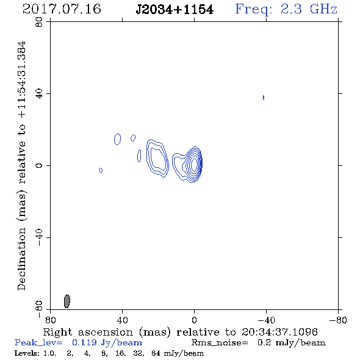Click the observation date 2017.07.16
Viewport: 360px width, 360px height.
(x=62, y=9)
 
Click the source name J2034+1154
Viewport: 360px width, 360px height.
(x=175, y=10)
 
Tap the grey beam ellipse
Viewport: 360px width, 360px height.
(x=67, y=301)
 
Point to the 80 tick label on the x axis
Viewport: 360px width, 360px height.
(x=50, y=320)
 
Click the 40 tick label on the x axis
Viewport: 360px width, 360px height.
(x=123, y=320)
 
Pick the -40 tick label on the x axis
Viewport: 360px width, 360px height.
(x=266, y=320)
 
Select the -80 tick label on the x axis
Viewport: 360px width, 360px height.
(x=338, y=320)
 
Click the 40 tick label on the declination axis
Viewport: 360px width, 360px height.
(x=39, y=93)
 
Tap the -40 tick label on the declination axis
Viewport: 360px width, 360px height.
(x=39, y=237)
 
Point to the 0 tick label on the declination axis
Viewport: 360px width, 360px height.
(x=39, y=165)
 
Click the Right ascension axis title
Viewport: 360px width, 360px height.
(x=180, y=332)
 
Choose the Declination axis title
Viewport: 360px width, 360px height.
(x=21, y=166)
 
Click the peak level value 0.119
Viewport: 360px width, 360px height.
(x=84, y=342)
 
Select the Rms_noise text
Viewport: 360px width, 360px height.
(x=220, y=343)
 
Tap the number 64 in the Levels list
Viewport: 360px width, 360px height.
(x=156, y=353)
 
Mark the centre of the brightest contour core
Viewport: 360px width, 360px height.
(x=194, y=164)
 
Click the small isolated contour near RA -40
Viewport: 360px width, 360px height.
(x=264, y=98)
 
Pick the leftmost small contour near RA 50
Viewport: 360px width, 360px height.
(x=101, y=170)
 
